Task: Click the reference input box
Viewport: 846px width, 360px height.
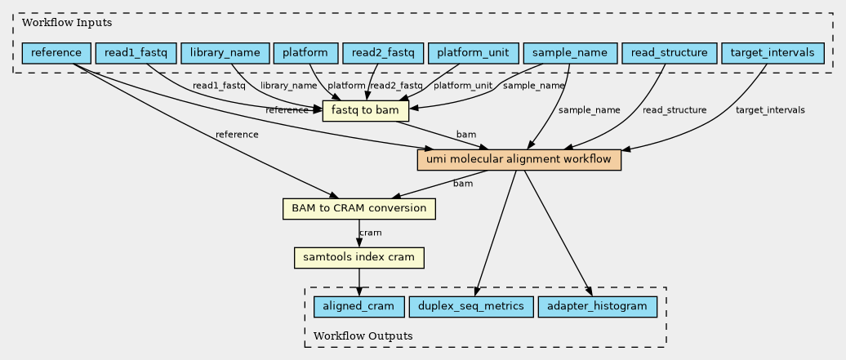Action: click(56, 53)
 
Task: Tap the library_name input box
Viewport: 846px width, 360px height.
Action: click(225, 53)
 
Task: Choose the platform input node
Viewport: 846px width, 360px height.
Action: click(305, 53)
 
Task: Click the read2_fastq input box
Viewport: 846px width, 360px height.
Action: click(383, 53)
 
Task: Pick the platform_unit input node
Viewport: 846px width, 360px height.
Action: click(474, 53)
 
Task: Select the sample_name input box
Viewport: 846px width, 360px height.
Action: click(570, 53)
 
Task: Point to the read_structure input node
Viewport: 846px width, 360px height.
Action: click(669, 53)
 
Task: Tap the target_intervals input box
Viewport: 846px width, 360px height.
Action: click(773, 53)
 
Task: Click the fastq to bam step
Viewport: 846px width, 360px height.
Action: click(366, 111)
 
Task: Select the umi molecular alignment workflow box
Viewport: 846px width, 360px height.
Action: click(519, 160)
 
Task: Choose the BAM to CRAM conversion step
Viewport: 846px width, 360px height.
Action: click(358, 209)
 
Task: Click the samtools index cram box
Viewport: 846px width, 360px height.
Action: click(358, 257)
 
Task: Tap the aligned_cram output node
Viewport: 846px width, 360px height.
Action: click(358, 307)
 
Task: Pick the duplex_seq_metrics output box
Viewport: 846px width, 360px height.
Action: click(471, 307)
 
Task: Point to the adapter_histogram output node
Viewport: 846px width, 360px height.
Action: click(597, 307)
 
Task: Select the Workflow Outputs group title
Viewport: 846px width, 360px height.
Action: click(363, 336)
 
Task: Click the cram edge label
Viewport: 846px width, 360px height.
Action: click(371, 233)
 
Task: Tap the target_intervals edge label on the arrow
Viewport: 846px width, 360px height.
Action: click(770, 110)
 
